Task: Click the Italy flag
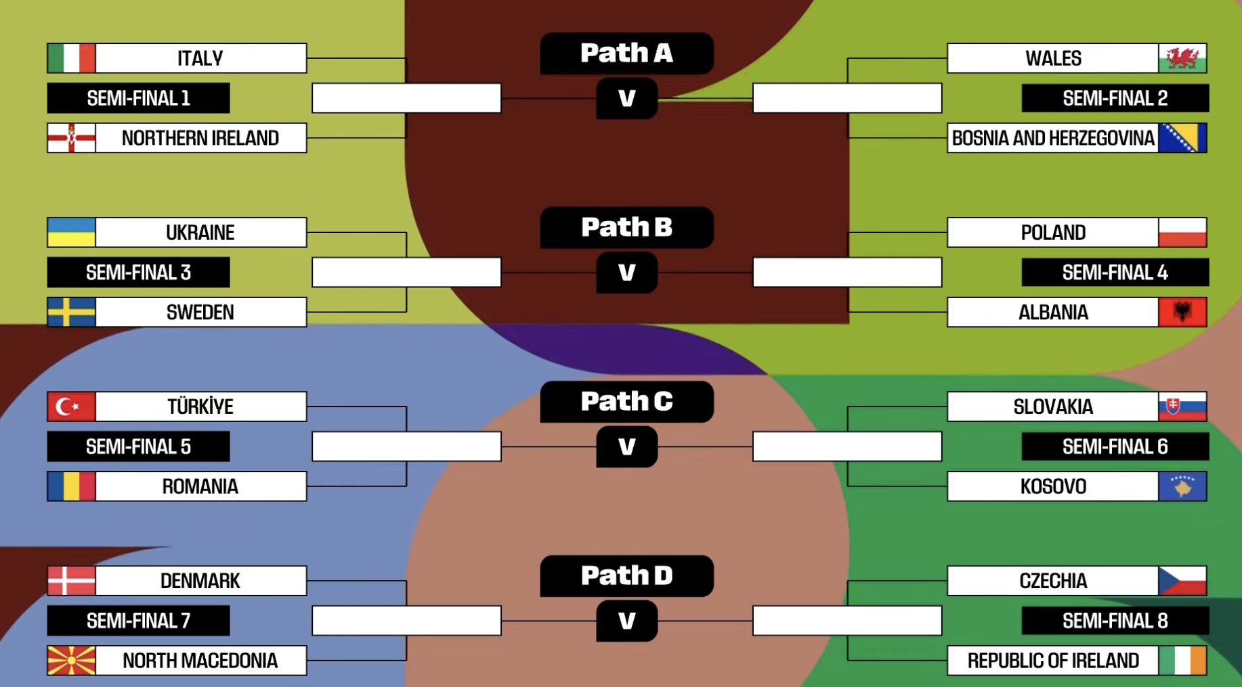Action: tap(71, 58)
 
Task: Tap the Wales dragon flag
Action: tap(1182, 58)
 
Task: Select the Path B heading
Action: tap(626, 228)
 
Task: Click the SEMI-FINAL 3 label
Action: tap(138, 272)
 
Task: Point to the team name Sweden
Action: tap(200, 312)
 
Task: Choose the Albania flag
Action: tap(1182, 312)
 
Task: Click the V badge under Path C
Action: tap(626, 447)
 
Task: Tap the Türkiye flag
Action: tap(71, 407)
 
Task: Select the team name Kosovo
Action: tap(1053, 486)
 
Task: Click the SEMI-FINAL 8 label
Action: tap(1115, 621)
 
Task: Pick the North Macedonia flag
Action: tap(71, 661)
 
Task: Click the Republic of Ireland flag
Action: tap(1182, 661)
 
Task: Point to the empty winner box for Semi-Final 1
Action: tap(406, 98)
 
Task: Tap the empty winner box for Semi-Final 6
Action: tap(847, 447)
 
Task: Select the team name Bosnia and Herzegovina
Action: tap(1053, 138)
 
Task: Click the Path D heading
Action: tap(626, 576)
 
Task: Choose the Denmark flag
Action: tap(71, 581)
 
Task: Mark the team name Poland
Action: tap(1053, 232)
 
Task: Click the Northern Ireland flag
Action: tap(71, 138)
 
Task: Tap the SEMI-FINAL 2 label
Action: tap(1115, 98)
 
